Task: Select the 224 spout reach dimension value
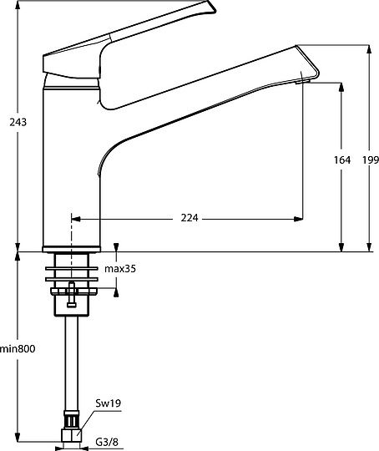[x=189, y=218]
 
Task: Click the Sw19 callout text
[x=109, y=404]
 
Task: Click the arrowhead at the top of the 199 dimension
[x=371, y=48]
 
